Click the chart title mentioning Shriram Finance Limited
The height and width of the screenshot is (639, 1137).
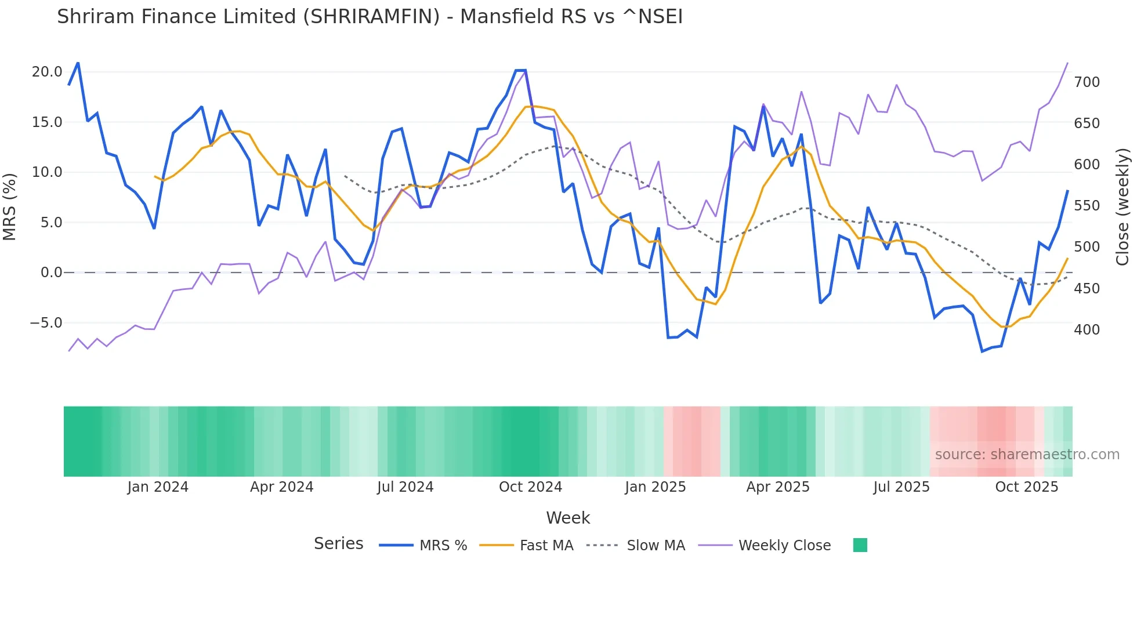tap(370, 17)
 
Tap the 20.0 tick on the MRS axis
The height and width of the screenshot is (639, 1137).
tap(47, 72)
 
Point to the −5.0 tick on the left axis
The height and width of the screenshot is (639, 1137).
tap(46, 323)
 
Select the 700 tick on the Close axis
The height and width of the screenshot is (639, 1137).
tap(1087, 82)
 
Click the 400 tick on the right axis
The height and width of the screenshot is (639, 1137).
tap(1087, 330)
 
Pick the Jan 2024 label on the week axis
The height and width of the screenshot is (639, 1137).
tap(158, 487)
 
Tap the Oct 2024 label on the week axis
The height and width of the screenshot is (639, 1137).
tap(530, 487)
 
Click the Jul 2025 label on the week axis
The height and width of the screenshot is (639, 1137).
tap(901, 487)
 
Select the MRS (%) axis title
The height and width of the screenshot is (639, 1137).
tap(10, 206)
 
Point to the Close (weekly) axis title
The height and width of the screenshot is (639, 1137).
tap(1122, 206)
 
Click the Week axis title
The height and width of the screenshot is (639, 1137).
tap(568, 518)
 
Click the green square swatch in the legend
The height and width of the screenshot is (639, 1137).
tap(860, 545)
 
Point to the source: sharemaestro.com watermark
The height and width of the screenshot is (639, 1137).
tap(1027, 455)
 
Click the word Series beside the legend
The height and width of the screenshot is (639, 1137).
tap(338, 544)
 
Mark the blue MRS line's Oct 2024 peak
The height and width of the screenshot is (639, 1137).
tap(520, 70)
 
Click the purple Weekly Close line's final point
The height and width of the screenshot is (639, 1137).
tap(1067, 63)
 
